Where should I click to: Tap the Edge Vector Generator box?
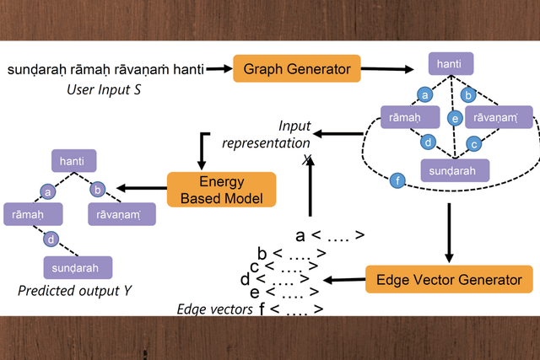coord(449,278)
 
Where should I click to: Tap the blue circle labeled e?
coord(454,118)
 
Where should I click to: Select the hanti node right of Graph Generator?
coord(451,64)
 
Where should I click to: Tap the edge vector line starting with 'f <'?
coord(291,309)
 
